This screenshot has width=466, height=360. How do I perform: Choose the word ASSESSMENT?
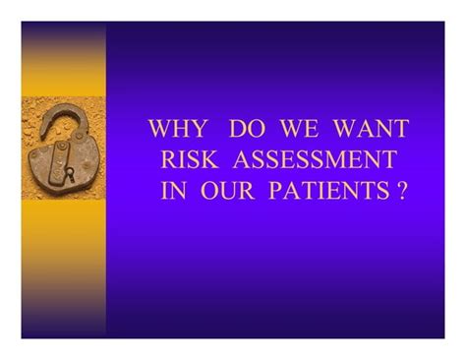320,160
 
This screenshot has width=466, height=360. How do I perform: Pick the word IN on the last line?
172,191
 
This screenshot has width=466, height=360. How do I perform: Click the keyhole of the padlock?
68,173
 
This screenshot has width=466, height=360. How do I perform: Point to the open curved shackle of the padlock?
63,116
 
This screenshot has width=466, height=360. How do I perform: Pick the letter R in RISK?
169,160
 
